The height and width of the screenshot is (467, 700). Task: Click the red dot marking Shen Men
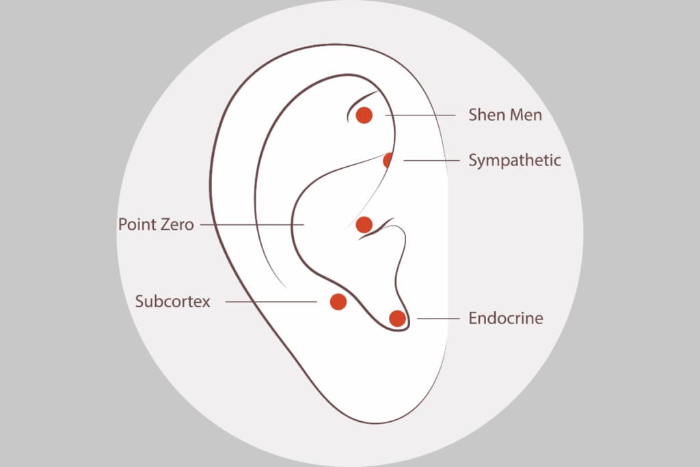point(364,115)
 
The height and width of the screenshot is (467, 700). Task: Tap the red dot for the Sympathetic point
point(388,160)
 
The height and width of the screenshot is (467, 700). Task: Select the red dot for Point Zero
point(364,224)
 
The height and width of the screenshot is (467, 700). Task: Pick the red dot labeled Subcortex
point(338,302)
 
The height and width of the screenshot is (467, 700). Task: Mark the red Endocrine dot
point(397,319)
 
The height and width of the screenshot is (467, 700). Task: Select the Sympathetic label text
point(515,161)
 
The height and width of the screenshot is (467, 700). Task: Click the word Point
point(137,224)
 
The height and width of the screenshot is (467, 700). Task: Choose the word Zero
point(177,224)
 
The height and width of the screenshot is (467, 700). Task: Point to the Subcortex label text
point(173,302)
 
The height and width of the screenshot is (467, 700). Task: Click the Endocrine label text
point(506,319)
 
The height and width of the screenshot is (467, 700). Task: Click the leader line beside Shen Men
point(420,115)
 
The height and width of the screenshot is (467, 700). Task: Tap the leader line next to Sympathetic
point(431,161)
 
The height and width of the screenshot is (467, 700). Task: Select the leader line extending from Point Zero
point(252,224)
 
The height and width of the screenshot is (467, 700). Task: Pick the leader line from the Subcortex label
point(271,302)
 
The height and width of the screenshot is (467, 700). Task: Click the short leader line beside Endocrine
point(438,319)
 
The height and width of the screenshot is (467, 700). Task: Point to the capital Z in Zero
point(165,224)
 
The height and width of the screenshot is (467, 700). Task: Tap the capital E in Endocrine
point(473,319)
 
